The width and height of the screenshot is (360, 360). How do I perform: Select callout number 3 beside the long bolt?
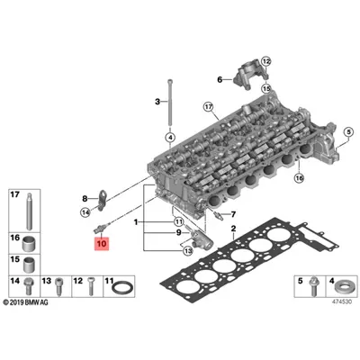pyautogui.click(x=157, y=102)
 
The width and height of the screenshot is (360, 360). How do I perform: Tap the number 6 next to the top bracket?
pyautogui.click(x=219, y=80)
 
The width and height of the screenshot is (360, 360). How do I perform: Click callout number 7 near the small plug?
pyautogui.click(x=232, y=214)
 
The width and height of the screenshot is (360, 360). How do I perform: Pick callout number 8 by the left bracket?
pyautogui.click(x=85, y=197)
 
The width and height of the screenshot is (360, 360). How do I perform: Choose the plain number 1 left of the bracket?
pyautogui.click(x=136, y=221)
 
